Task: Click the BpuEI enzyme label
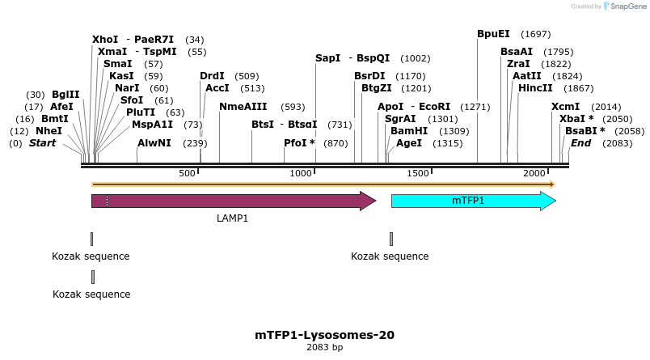pyautogui.click(x=493, y=34)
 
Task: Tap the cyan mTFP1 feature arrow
pyautogui.click(x=473, y=201)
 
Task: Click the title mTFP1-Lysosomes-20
pyautogui.click(x=324, y=334)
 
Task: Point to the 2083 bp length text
pyautogui.click(x=324, y=348)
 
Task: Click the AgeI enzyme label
pyautogui.click(x=409, y=143)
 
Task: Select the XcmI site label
pyautogui.click(x=565, y=107)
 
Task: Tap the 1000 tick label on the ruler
pyautogui.click(x=301, y=174)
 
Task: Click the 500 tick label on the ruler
pyautogui.click(x=187, y=174)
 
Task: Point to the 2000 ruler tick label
pyautogui.click(x=534, y=174)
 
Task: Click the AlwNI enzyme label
pyautogui.click(x=154, y=143)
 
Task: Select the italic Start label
pyautogui.click(x=43, y=143)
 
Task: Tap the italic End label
pyautogui.click(x=580, y=143)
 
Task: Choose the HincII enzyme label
pyautogui.click(x=535, y=87)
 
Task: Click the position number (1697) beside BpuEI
pyautogui.click(x=536, y=35)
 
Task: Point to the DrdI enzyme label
pyautogui.click(x=212, y=76)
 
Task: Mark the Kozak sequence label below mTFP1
pyautogui.click(x=390, y=256)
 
